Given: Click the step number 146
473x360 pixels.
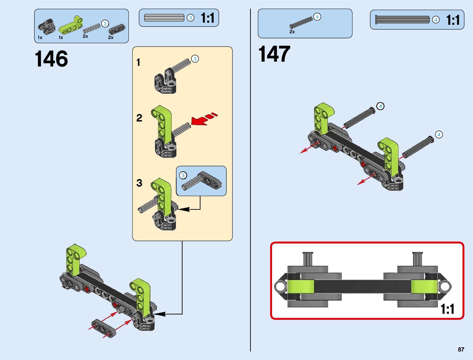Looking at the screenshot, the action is (x=51, y=59).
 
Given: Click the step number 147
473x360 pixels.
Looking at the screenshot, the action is (x=274, y=54).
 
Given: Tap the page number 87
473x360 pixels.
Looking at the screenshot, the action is (x=461, y=349).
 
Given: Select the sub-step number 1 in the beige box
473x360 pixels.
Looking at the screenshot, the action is (x=138, y=63).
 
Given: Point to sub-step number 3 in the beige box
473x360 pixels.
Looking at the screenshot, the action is (x=139, y=183).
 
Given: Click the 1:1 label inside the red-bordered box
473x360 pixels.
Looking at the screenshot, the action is (x=447, y=309).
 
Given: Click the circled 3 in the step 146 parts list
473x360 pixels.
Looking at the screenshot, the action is (x=105, y=24).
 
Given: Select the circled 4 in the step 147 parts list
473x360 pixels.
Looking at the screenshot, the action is (x=317, y=17).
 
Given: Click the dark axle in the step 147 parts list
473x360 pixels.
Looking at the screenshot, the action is (x=301, y=23).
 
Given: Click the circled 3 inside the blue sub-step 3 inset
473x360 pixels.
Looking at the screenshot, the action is (x=183, y=175).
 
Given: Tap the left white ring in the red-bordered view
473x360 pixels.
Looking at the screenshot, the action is (x=280, y=286).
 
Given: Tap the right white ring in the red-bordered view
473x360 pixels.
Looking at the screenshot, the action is (x=445, y=286).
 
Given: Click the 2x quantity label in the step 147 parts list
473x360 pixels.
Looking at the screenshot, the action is (x=292, y=31).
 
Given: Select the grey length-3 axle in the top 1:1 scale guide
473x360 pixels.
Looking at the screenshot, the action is (x=164, y=18).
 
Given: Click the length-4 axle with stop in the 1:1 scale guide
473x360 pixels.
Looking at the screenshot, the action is (x=402, y=20).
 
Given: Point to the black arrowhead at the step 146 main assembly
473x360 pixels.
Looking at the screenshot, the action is (x=160, y=314).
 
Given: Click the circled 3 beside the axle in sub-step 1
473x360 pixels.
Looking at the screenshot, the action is (x=195, y=59).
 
